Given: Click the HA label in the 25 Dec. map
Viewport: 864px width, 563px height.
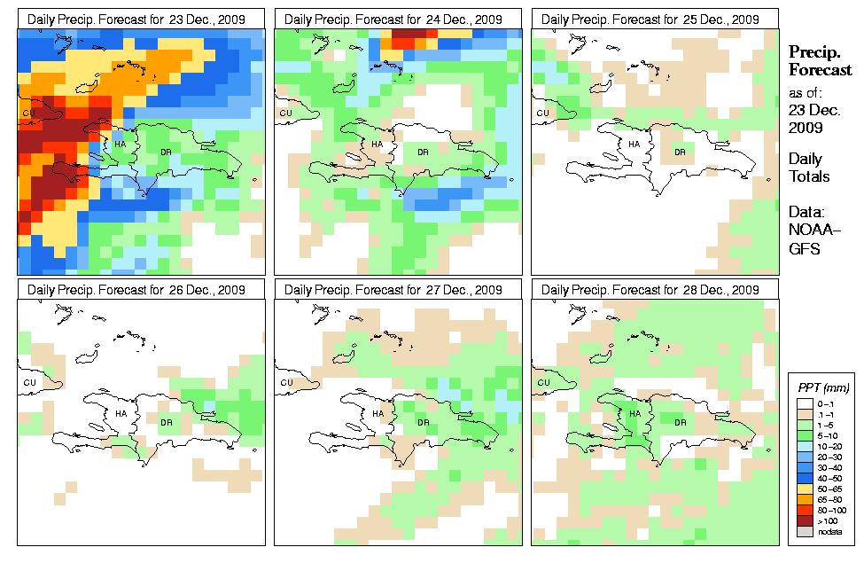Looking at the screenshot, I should coord(634,144).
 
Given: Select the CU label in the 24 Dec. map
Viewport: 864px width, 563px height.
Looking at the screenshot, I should coord(285,113).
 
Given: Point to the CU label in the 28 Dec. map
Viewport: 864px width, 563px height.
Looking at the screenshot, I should coord(541,383).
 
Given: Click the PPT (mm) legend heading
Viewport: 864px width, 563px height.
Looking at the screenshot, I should coord(821,387).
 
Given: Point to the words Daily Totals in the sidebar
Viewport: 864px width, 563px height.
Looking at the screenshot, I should coord(809,168).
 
